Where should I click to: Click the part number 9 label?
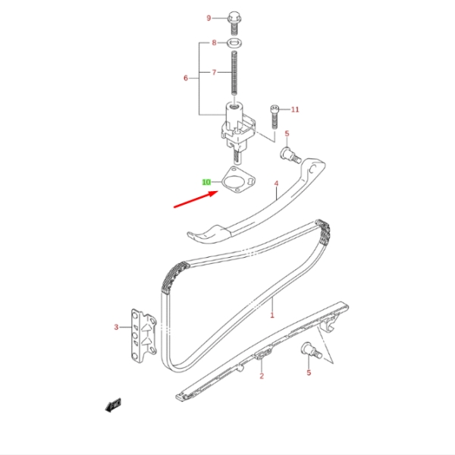pos(209,18)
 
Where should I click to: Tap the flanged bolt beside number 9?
pos(234,23)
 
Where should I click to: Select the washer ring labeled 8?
pos(234,43)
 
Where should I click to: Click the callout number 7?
pos(214,72)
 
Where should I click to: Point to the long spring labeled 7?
pos(234,73)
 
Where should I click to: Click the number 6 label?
pos(186,78)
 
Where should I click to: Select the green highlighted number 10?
pos(206,182)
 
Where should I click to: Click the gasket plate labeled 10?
pos(239,180)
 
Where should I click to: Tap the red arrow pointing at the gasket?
pos(196,199)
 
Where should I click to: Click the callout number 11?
pos(295,109)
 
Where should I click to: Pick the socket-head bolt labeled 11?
pos(275,117)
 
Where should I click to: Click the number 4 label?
pos(276,184)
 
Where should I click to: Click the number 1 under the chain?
pos(272,315)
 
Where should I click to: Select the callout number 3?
pos(116,328)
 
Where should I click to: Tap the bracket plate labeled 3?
pos(144,336)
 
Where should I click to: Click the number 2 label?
pos(262,376)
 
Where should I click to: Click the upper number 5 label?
pos(287,133)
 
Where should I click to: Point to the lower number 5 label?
pos(309,372)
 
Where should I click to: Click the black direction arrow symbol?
pos(113,405)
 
